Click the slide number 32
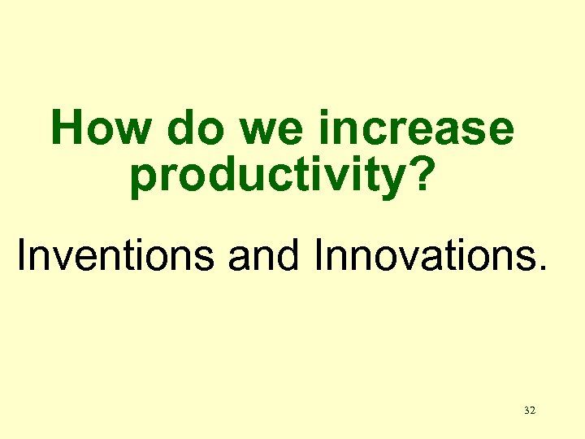tap(530, 411)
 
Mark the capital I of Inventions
tap(22, 255)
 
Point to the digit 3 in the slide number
tap(526, 411)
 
